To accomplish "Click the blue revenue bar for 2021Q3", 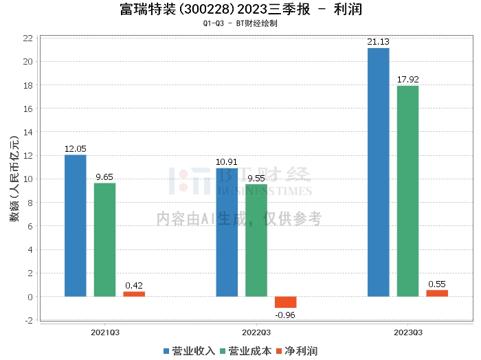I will [76, 225].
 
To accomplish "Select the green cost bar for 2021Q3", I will [104, 240].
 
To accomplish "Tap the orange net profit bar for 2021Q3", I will [134, 294].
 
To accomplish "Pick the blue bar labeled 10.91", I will [227, 232].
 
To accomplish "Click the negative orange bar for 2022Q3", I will [285, 302].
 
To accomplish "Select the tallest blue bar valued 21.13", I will [378, 172].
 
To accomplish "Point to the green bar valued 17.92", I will [407, 191].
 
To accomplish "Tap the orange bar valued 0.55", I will [437, 293].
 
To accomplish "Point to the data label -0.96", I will [285, 315].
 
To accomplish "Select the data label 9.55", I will [256, 179].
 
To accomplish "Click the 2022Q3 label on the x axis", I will [256, 333].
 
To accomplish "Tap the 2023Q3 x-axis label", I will [407, 333].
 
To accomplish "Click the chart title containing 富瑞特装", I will [240, 10].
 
